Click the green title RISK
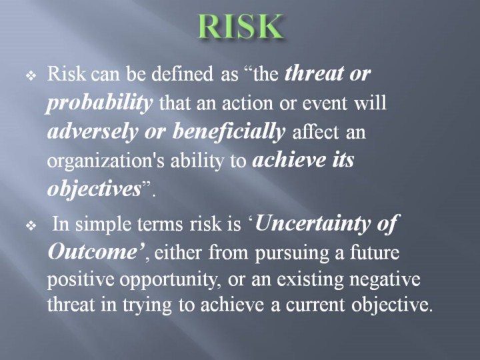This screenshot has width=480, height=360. coord(240,26)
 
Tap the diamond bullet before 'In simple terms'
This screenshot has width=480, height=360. coord(31,226)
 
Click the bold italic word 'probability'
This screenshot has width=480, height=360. coord(99,104)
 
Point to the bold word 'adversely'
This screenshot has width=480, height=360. coord(92,132)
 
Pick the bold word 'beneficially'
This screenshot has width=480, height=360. coord(229,132)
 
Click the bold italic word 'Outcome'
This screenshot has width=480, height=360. coord(92,252)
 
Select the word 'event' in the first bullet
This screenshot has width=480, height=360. coord(325,103)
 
